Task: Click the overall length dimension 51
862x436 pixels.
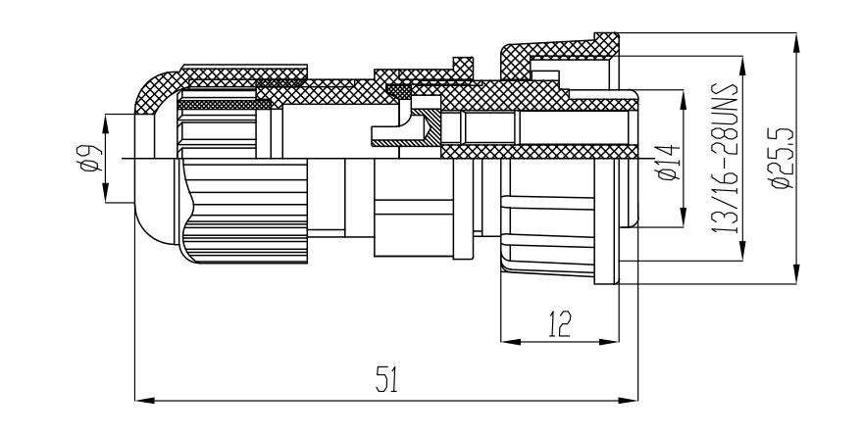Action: (x=387, y=379)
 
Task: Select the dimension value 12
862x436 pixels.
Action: (x=560, y=323)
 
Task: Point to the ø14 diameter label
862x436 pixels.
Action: (x=669, y=162)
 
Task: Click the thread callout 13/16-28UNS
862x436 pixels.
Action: (x=724, y=158)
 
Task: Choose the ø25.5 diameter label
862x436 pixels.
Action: (x=783, y=158)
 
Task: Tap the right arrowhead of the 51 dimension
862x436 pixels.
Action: (x=629, y=401)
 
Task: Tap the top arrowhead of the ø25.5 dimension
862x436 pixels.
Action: (x=796, y=43)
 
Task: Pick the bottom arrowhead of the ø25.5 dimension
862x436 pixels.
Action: (x=796, y=274)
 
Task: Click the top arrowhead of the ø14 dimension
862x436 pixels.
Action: (x=684, y=99)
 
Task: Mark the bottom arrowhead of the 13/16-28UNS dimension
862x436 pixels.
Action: (x=742, y=250)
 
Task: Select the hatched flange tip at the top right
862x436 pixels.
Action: (x=606, y=44)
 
